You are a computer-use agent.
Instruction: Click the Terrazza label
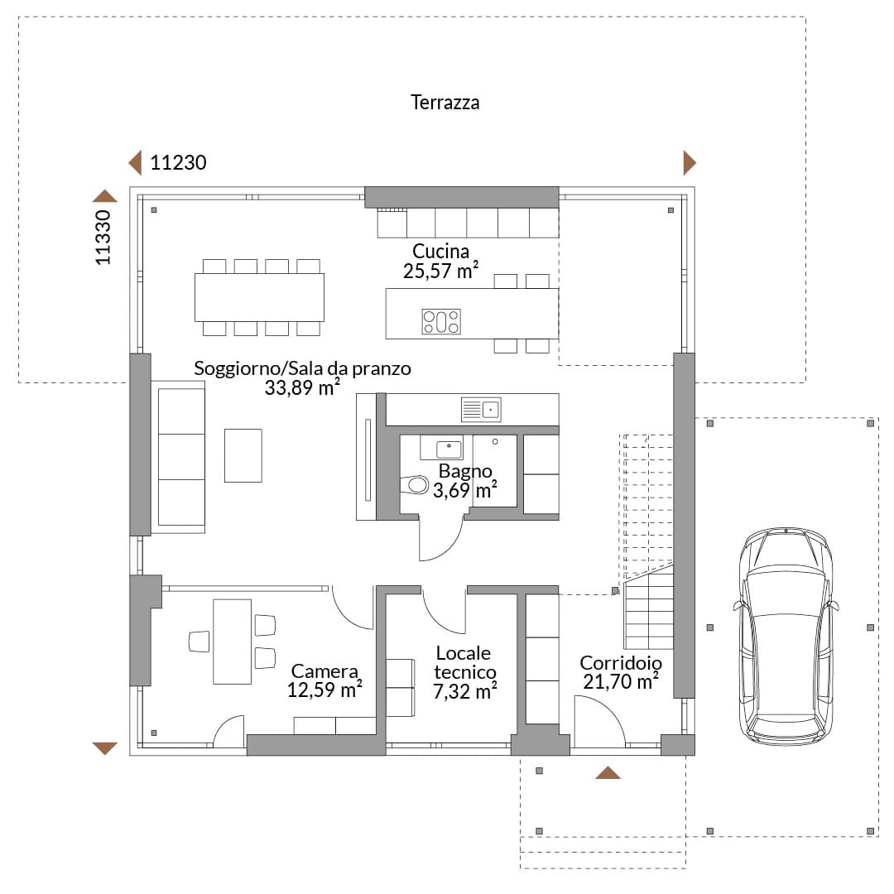click(445, 103)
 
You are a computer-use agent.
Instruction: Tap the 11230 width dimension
click(178, 163)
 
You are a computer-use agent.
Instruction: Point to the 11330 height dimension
click(103, 238)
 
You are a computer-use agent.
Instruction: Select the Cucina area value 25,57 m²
click(440, 271)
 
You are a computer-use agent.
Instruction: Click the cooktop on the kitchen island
click(440, 321)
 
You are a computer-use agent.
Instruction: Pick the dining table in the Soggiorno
click(259, 298)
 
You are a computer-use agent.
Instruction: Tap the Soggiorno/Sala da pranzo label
click(302, 368)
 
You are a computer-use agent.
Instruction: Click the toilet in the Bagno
click(415, 485)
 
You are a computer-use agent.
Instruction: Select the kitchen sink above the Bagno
click(481, 410)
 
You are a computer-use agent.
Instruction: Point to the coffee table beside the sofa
click(243, 455)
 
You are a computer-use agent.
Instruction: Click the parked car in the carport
click(786, 637)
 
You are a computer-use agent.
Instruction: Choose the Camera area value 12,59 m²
click(324, 690)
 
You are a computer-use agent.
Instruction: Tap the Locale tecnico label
click(464, 662)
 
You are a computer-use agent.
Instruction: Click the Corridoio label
click(621, 662)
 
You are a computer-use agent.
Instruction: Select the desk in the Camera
click(232, 642)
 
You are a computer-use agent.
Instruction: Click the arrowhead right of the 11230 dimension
click(690, 163)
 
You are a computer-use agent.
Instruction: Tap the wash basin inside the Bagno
click(449, 449)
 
